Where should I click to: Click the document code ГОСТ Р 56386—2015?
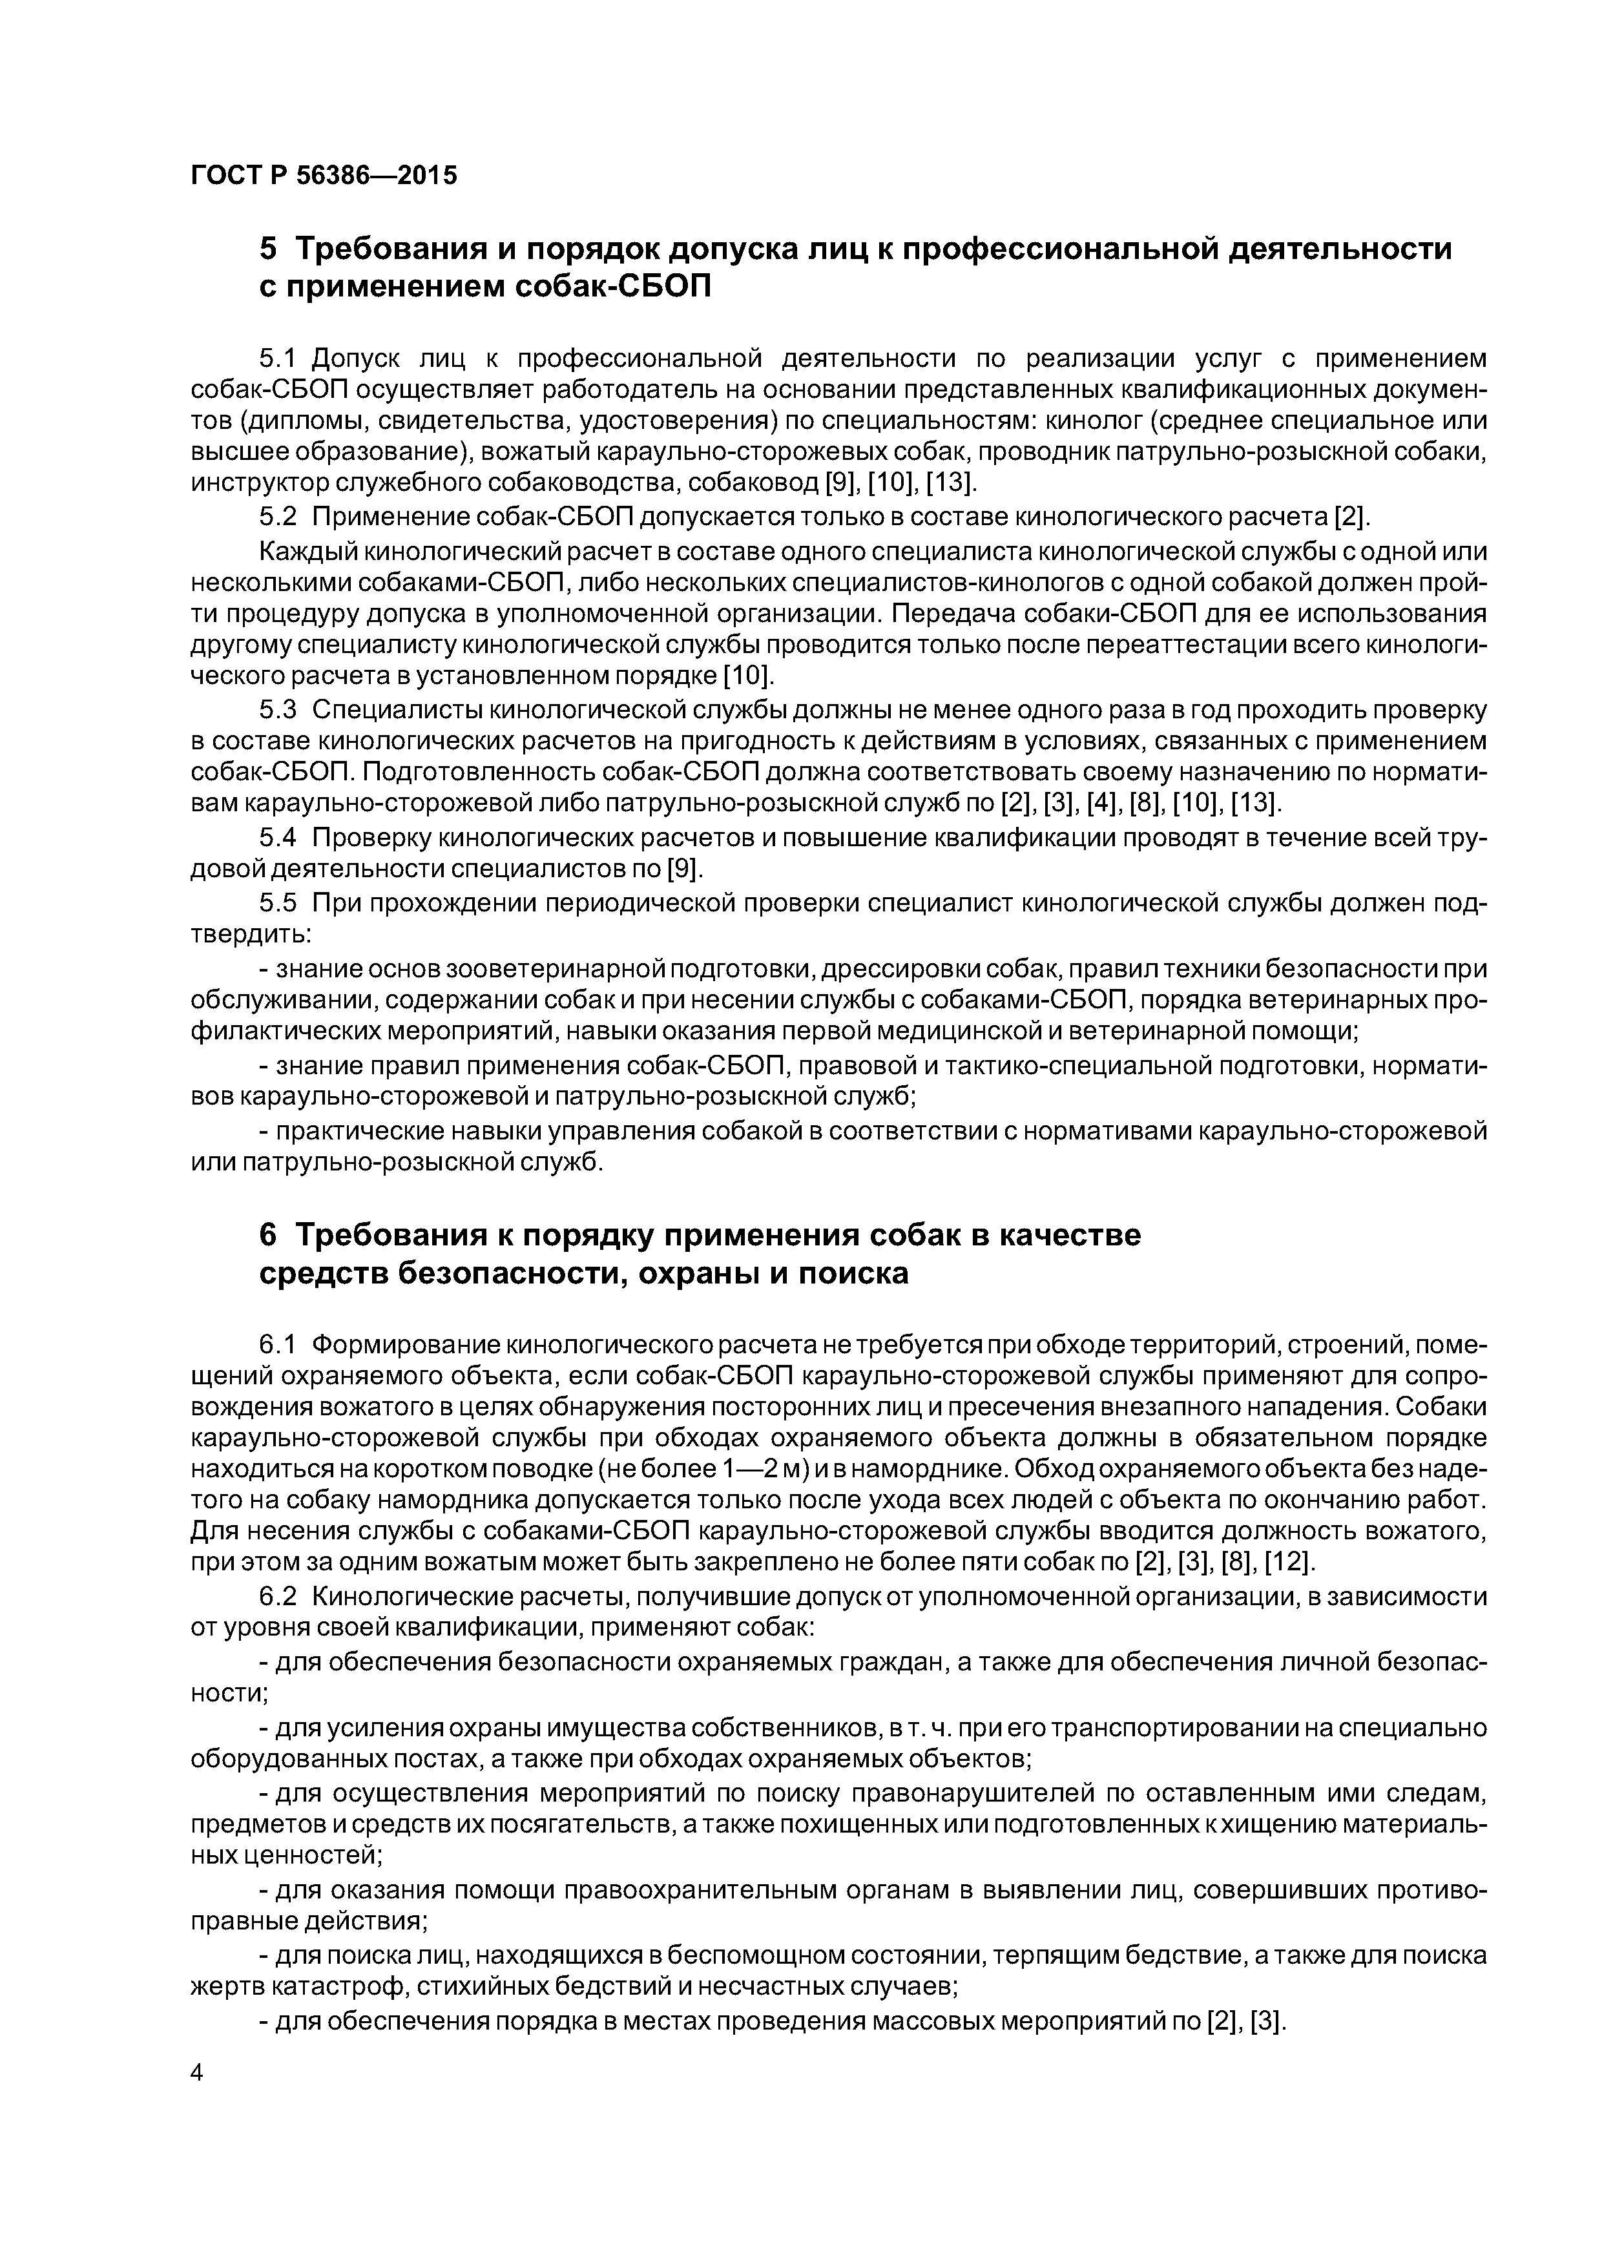point(324,176)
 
